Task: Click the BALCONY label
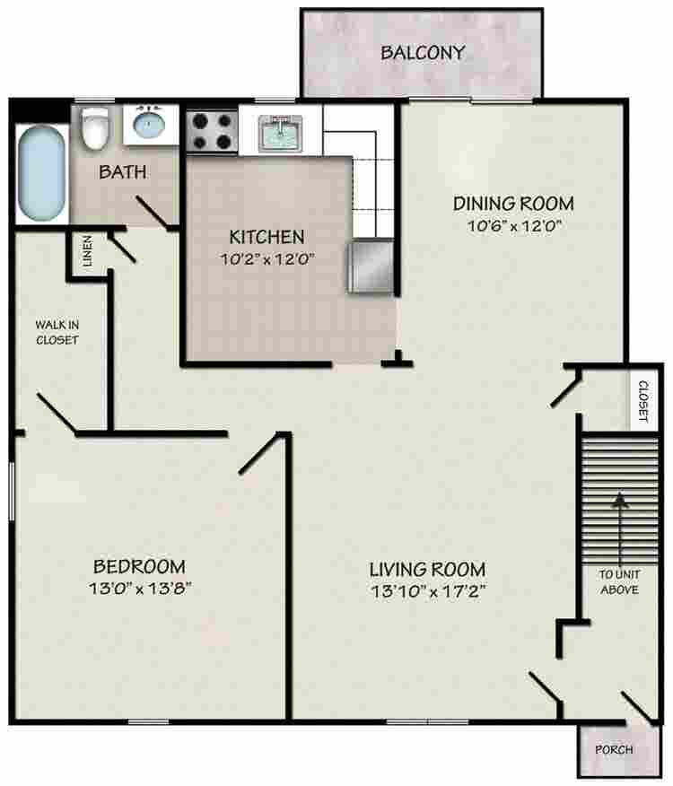click(x=423, y=53)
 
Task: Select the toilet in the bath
click(x=95, y=127)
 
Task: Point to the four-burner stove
click(x=212, y=131)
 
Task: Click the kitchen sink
click(x=281, y=132)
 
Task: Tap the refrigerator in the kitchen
click(x=370, y=266)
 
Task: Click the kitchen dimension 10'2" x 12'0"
click(x=267, y=259)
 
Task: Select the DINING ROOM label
click(x=513, y=204)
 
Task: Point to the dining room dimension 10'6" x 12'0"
click(x=513, y=225)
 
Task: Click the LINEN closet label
click(x=87, y=250)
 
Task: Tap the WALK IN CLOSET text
click(x=57, y=332)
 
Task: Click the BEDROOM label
click(x=139, y=566)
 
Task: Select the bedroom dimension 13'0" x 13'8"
click(x=140, y=588)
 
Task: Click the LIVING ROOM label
click(x=427, y=570)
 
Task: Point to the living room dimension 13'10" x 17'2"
click(x=428, y=591)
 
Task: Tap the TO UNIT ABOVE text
click(x=620, y=582)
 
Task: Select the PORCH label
click(x=614, y=750)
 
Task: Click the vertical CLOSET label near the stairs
click(x=643, y=400)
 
